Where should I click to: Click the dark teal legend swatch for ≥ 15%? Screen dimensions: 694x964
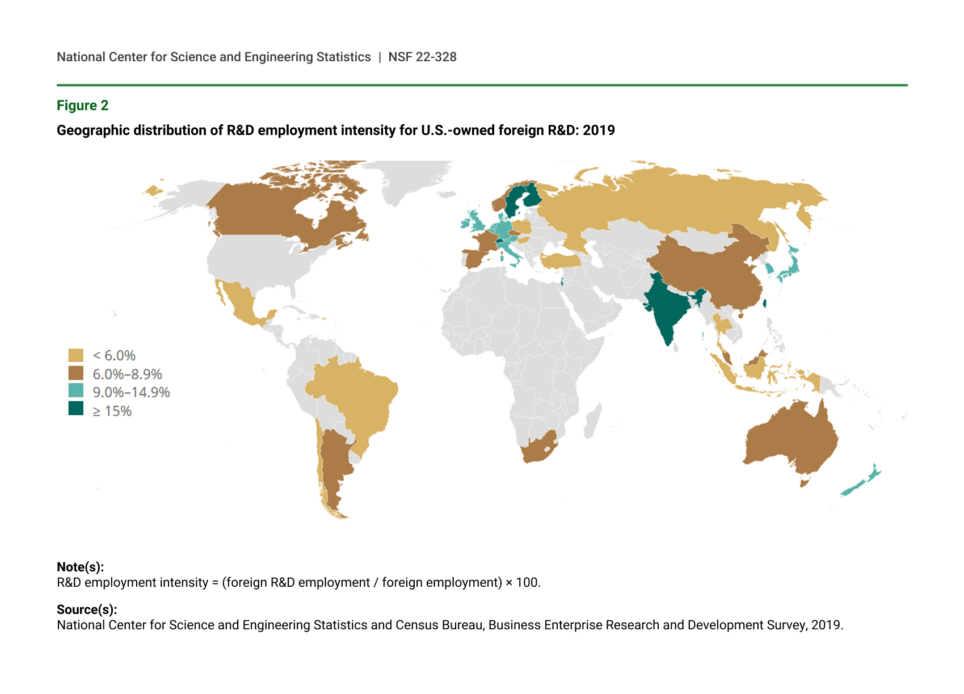(x=75, y=409)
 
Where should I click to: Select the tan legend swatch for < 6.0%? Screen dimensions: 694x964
(x=75, y=355)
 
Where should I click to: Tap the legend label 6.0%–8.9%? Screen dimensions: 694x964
(x=127, y=374)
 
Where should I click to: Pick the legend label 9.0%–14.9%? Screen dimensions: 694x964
(x=131, y=392)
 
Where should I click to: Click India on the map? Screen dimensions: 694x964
(x=666, y=309)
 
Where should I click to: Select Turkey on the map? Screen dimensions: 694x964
(x=562, y=261)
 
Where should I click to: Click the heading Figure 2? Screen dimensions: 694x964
(x=82, y=106)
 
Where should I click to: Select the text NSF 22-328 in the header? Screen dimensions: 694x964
(x=422, y=57)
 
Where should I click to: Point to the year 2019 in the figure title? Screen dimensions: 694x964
(x=599, y=131)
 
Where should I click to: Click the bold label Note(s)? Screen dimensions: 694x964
(x=80, y=567)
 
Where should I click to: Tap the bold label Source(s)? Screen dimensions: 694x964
(x=87, y=609)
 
